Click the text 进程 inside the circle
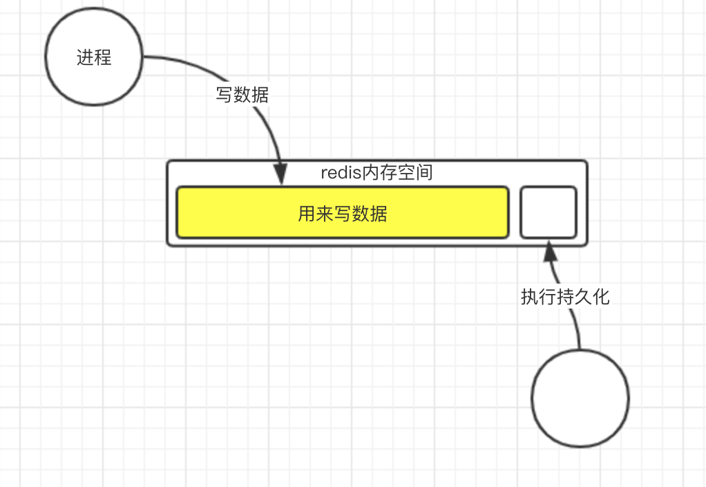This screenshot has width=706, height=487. [x=94, y=58]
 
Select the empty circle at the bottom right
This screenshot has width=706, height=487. [x=580, y=398]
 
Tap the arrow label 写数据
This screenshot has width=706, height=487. [x=242, y=95]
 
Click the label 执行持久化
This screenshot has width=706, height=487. [x=565, y=297]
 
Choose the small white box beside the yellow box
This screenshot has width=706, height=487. [x=548, y=212]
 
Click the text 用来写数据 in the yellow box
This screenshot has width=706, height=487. [x=343, y=214]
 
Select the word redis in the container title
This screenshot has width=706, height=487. [x=341, y=173]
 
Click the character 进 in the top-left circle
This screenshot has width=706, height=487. [x=85, y=58]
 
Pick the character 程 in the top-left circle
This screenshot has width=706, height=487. [x=103, y=58]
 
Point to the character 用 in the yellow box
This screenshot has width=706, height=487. [x=307, y=214]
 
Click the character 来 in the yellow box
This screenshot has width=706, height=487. [x=325, y=214]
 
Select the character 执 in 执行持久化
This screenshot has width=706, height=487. [x=529, y=297]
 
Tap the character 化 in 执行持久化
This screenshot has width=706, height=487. [x=601, y=297]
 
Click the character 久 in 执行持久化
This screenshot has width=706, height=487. [x=583, y=297]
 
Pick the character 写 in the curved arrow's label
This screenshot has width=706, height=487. [x=224, y=95]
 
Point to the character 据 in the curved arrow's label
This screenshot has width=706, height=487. [x=260, y=95]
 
